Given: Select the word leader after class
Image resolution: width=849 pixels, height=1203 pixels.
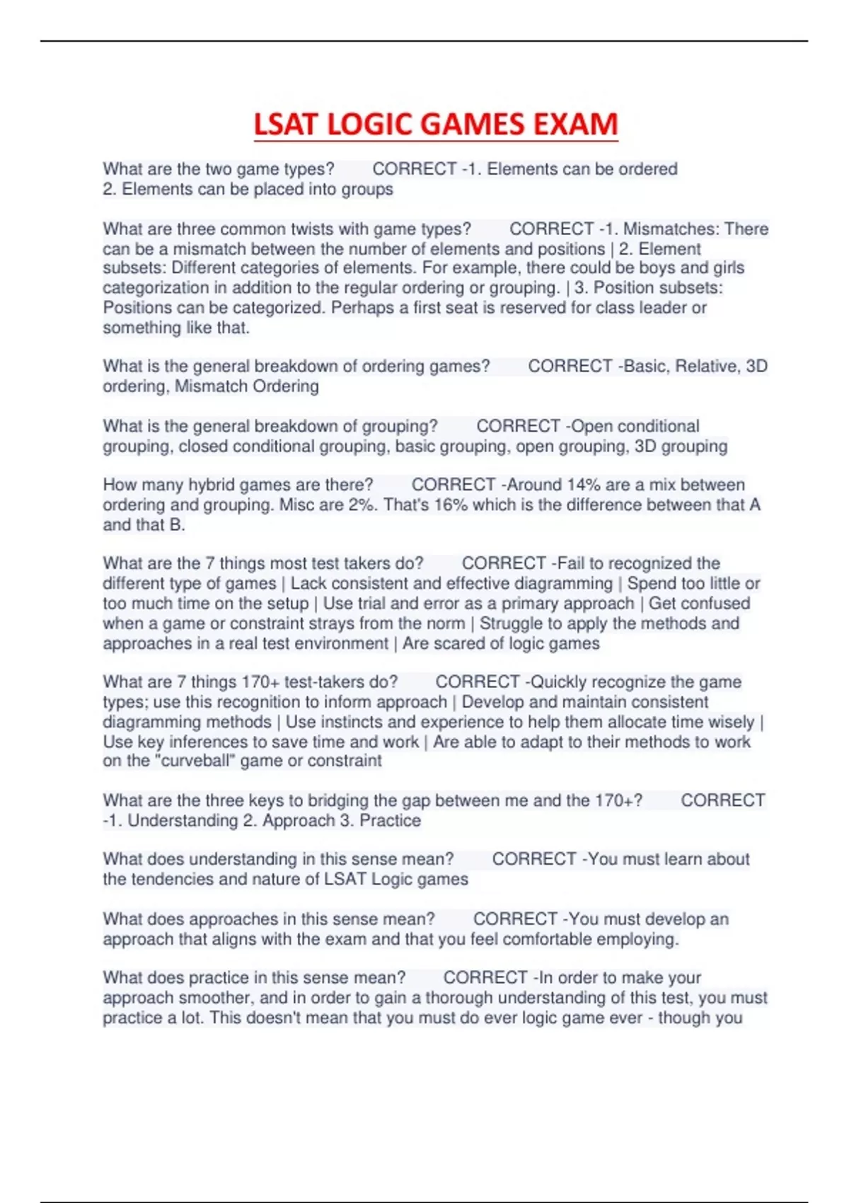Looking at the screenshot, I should [664, 308].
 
